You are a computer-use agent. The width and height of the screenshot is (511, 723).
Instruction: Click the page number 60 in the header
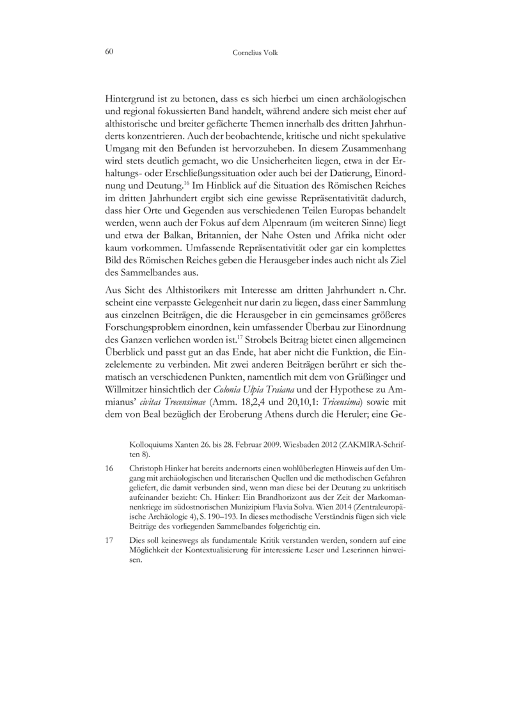[x=109, y=52]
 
